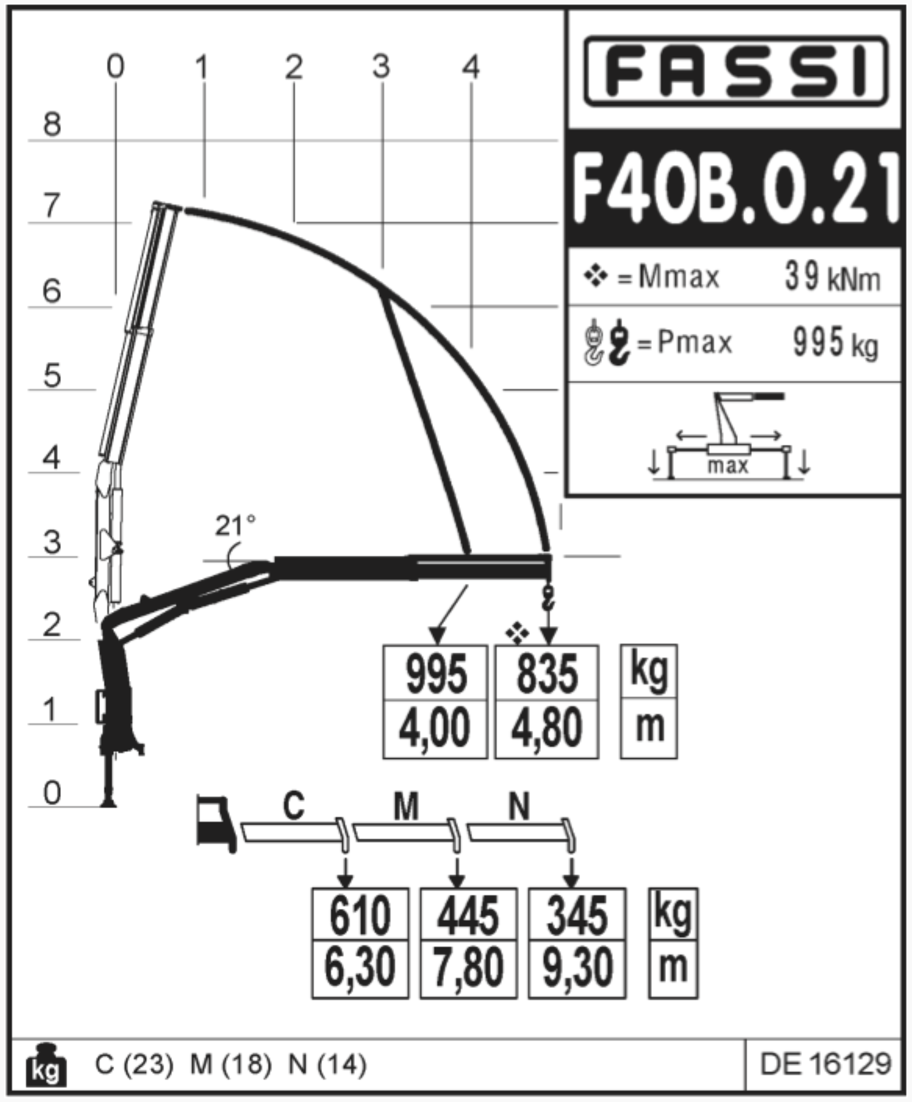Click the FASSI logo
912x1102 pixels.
(735, 71)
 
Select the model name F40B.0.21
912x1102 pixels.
(735, 188)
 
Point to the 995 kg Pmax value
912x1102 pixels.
(835, 342)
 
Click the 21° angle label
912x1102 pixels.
(235, 525)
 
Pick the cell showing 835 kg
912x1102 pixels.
(547, 674)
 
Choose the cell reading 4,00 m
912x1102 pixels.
(435, 729)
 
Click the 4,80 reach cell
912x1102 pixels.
(547, 729)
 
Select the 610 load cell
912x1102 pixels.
(360, 915)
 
